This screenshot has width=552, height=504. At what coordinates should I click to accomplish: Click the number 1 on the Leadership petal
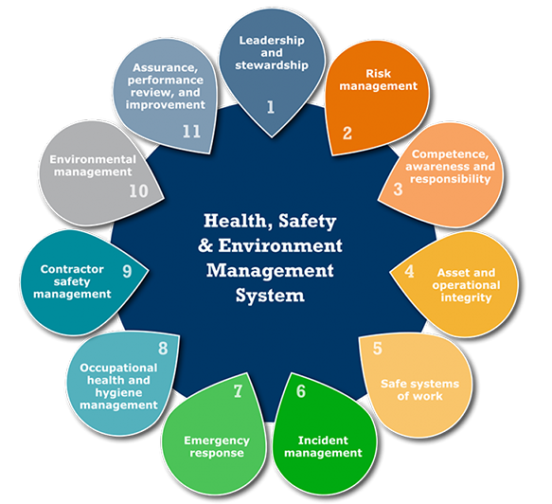[x=271, y=107]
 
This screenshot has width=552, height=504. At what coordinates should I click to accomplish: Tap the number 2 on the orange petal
[x=347, y=134]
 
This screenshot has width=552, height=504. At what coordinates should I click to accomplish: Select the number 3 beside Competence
[x=398, y=189]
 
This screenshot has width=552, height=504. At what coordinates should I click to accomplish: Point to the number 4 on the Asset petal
[x=409, y=271]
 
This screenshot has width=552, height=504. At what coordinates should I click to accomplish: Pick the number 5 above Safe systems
[x=378, y=349]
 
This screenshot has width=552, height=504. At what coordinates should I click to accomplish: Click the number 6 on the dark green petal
[x=301, y=391]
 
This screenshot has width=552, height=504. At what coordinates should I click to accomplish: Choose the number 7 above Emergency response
[x=238, y=391]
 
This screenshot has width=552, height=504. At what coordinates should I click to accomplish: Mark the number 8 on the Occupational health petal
[x=163, y=349]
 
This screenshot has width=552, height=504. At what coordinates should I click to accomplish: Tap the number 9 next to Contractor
[x=127, y=271]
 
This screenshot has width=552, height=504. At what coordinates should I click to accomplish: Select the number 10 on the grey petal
[x=138, y=190]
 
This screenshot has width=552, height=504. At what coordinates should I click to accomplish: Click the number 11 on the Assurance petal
[x=191, y=132]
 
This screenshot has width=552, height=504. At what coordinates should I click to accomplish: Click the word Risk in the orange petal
[x=379, y=74]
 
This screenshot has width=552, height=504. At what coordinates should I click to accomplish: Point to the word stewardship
[x=272, y=65]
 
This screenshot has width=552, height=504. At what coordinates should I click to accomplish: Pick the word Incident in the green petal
[x=323, y=441]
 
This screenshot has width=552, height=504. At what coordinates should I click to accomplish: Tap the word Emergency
[x=217, y=441]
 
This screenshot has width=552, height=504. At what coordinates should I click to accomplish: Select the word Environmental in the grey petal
[x=93, y=159]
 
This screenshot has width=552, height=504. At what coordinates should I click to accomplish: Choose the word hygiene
[x=118, y=393]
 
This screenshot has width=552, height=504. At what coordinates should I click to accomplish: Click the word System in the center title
[x=270, y=296]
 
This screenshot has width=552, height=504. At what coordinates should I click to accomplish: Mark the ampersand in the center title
[x=205, y=245]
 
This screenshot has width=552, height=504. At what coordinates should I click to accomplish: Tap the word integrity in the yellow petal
[x=466, y=298]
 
